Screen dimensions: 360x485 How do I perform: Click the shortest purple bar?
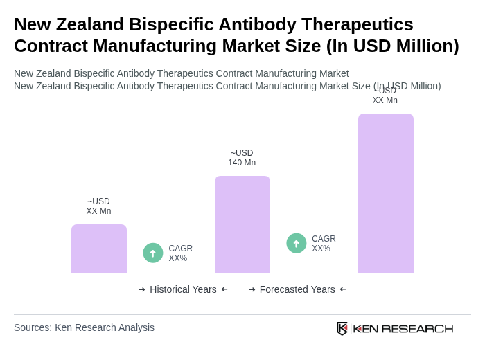click(99, 249)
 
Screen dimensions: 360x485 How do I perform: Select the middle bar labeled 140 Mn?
click(242, 224)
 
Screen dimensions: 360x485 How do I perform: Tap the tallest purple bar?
click(386, 193)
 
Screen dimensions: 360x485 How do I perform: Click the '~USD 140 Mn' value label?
click(242, 158)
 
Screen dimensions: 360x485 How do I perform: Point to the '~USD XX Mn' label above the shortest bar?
click(98, 206)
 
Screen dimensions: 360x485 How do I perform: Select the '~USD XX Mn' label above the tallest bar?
click(385, 96)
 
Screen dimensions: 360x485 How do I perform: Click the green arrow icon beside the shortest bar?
click(153, 253)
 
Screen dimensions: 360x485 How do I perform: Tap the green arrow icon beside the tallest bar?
click(297, 243)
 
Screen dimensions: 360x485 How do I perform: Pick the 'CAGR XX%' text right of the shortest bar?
click(180, 253)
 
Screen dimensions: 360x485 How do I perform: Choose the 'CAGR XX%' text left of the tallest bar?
click(324, 244)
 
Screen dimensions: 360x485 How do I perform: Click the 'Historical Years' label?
click(183, 289)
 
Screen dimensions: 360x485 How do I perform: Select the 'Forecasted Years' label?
click(297, 289)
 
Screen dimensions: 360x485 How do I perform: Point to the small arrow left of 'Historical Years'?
click(142, 289)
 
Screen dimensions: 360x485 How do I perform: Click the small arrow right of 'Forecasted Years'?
click(343, 289)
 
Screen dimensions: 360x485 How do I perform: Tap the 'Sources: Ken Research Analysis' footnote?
click(84, 327)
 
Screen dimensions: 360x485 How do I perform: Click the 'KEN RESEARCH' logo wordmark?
click(403, 328)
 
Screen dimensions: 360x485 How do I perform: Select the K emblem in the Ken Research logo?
click(342, 328)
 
